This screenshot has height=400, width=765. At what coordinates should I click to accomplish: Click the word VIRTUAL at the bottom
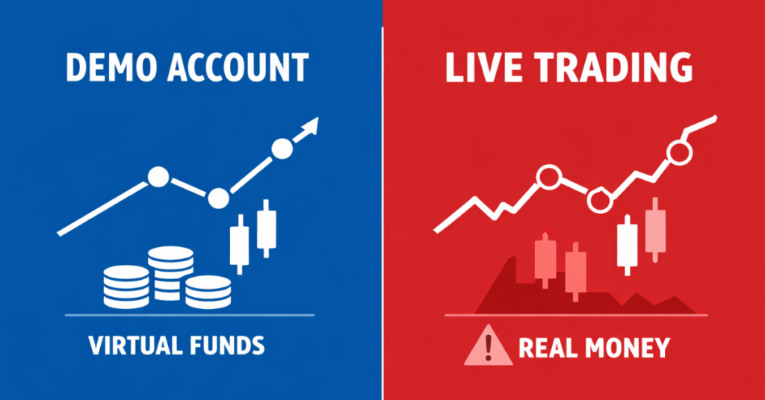click(x=132, y=346)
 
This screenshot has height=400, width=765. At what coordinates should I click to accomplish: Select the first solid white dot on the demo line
click(x=158, y=177)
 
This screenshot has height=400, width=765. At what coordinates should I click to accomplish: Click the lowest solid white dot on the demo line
click(x=218, y=198)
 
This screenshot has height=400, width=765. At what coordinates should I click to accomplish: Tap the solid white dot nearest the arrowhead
click(x=282, y=149)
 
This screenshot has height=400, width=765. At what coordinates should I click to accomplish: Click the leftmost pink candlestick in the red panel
click(x=545, y=260)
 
